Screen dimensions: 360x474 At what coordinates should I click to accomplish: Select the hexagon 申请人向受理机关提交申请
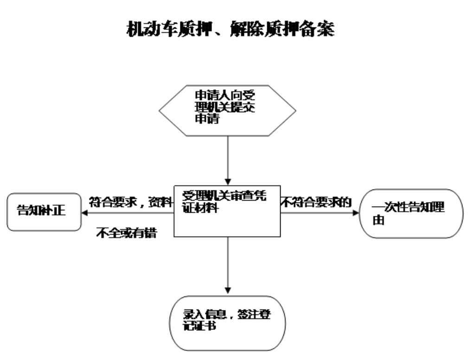coord(227,112)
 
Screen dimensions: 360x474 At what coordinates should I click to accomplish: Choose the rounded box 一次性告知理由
coord(411,214)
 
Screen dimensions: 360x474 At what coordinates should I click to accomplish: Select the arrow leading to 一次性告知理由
coord(320,213)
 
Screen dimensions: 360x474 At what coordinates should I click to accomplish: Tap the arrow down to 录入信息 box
coord(227,264)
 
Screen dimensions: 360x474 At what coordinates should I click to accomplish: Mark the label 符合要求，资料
coord(130,202)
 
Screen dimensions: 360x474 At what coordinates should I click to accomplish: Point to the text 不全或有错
coord(126,233)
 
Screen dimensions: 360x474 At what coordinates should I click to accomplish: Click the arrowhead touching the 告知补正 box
coord(85,213)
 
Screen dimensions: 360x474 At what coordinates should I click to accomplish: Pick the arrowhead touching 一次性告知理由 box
coord(356,213)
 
